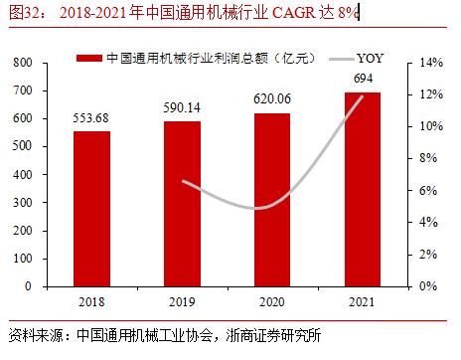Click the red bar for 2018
pos(91,209)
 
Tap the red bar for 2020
pos(271,200)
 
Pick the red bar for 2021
pos(362,189)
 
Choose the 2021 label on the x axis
pos(362,300)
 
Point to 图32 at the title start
pos(25,13)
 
